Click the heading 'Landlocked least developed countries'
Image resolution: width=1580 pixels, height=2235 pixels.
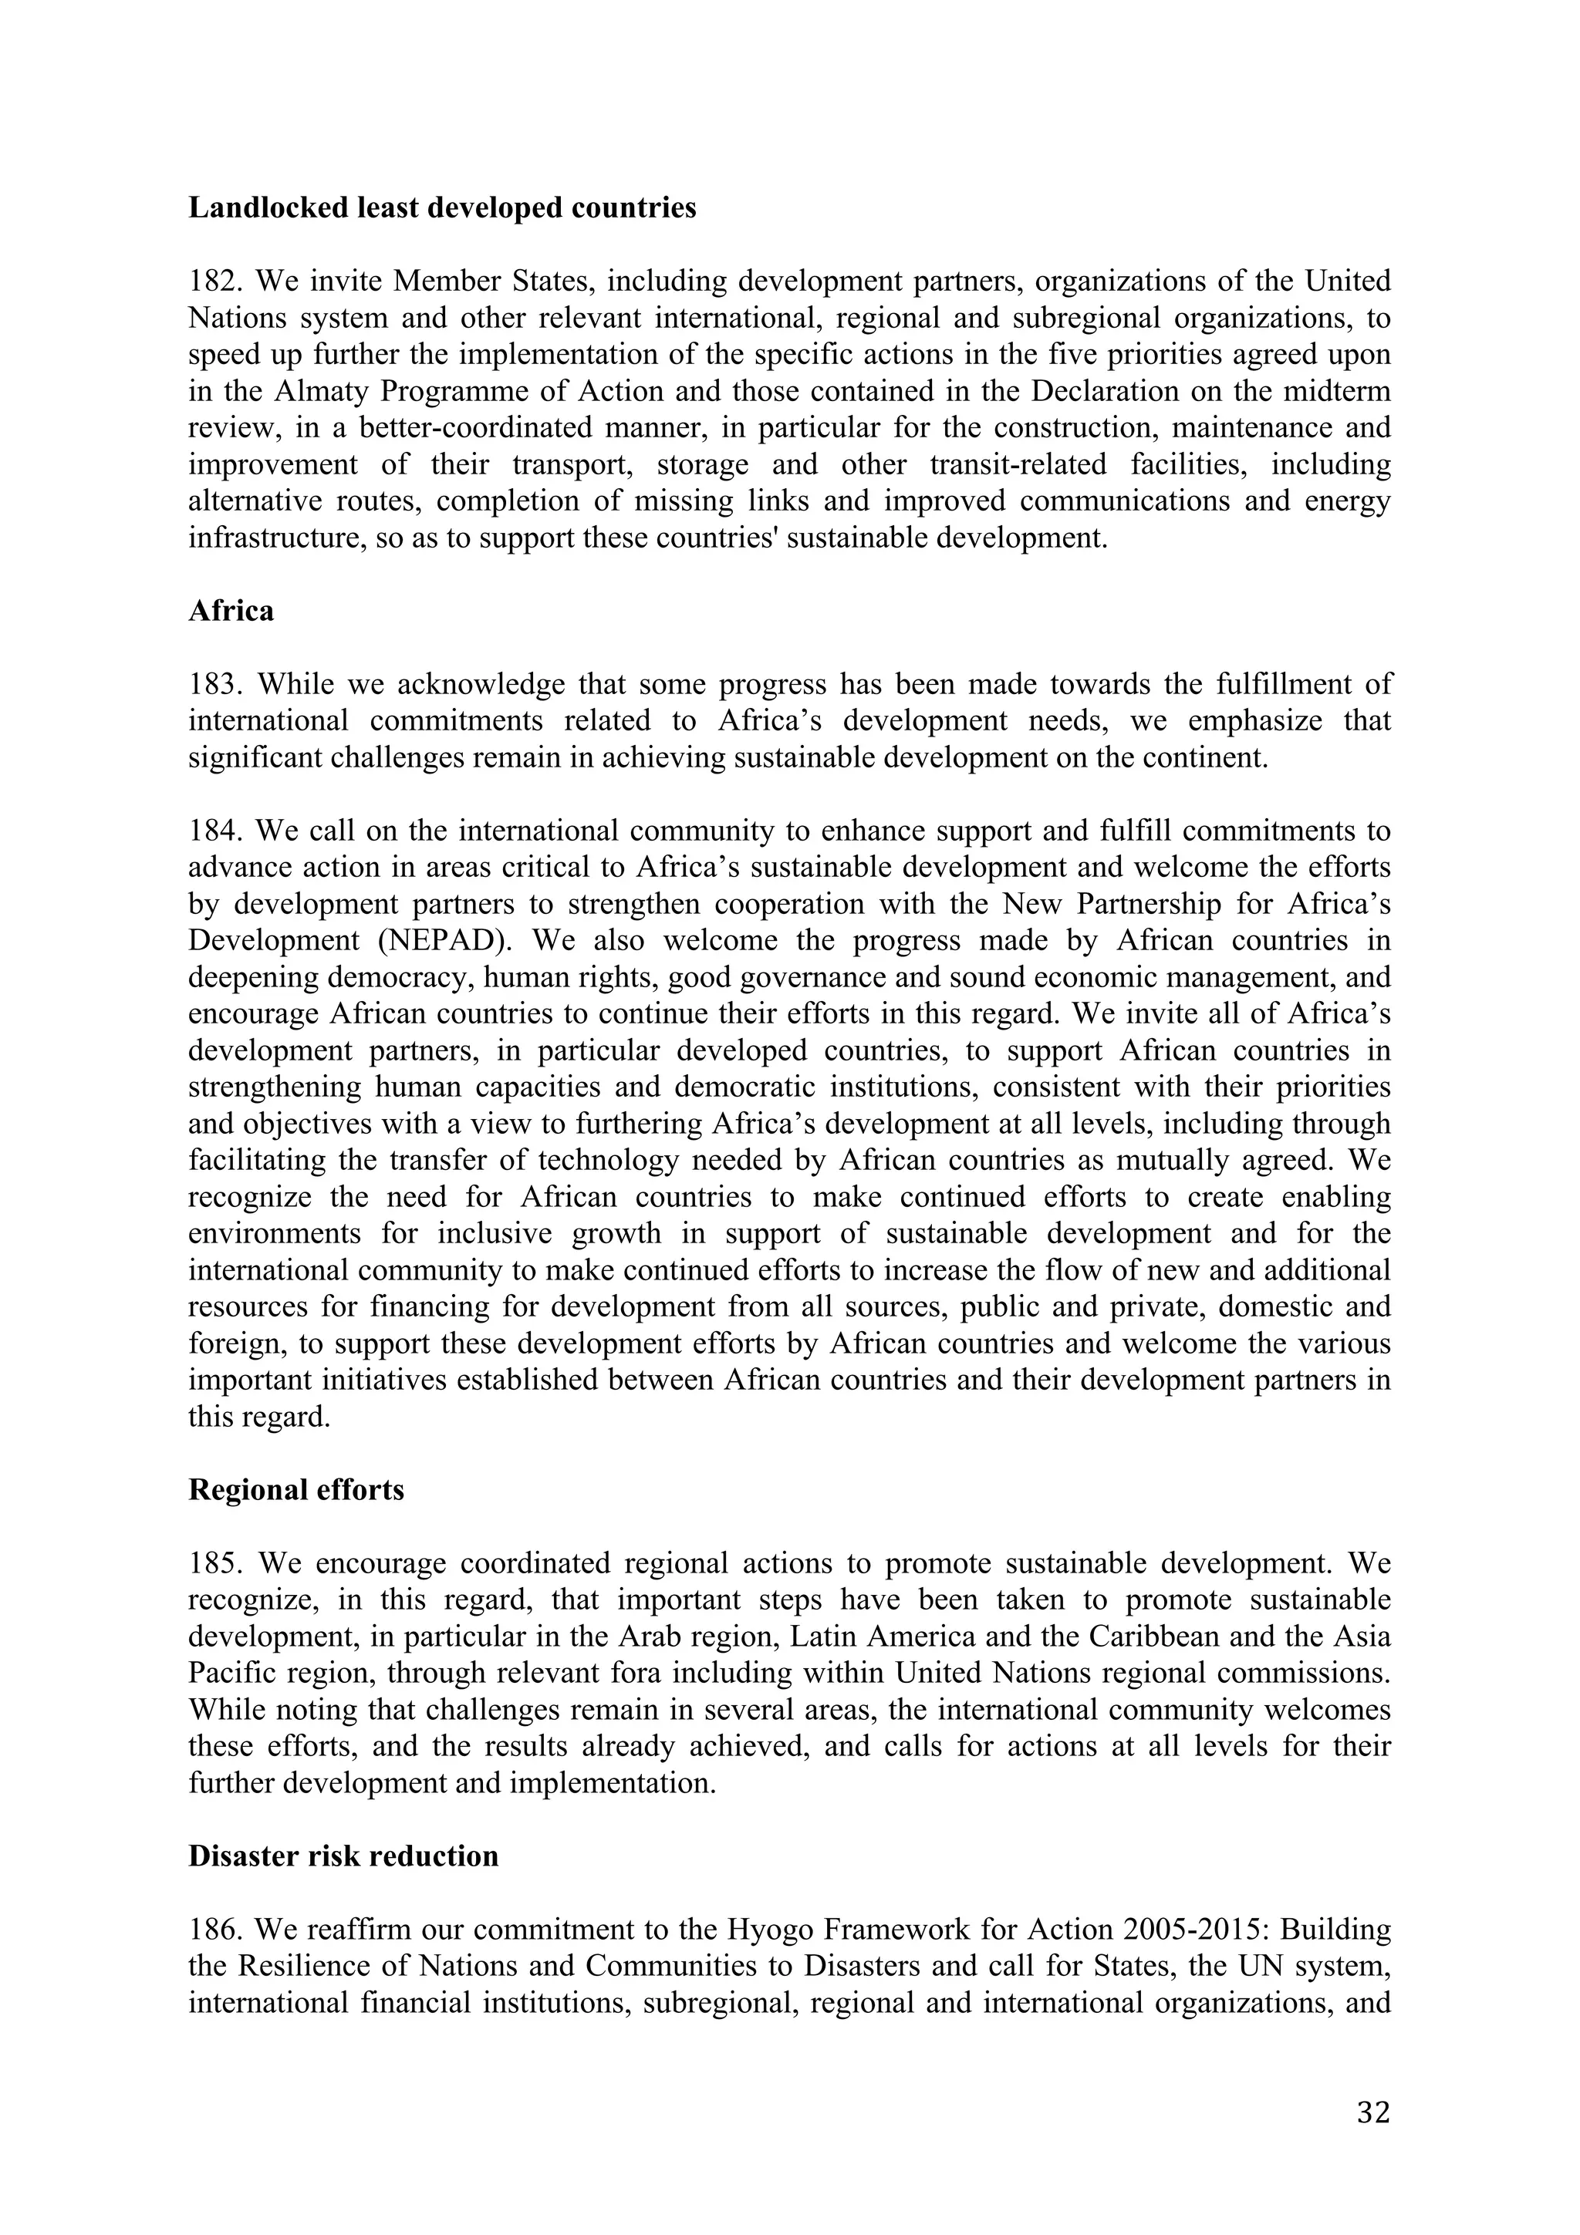click(442, 208)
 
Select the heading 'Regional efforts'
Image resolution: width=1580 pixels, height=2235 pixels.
click(296, 1490)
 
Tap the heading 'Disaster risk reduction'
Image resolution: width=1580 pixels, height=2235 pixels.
click(343, 1856)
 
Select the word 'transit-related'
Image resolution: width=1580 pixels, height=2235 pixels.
click(1018, 465)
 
